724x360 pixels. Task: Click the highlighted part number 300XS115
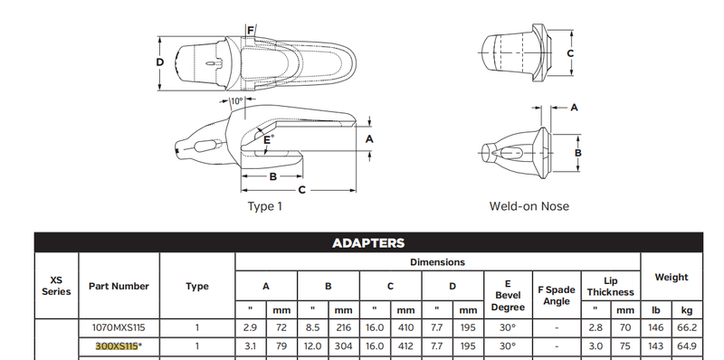[x=117, y=346]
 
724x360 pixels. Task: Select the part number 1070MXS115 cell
[x=119, y=327]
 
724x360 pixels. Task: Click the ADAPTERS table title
[x=368, y=242]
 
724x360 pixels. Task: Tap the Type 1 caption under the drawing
[x=264, y=206]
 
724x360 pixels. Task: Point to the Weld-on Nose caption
[x=529, y=206]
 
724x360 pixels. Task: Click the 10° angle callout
[x=236, y=101]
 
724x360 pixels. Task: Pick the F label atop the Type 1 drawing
[x=251, y=31]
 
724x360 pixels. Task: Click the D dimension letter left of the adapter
[x=160, y=62]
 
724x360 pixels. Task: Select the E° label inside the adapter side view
[x=269, y=139]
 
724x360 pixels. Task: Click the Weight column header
[x=672, y=278]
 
